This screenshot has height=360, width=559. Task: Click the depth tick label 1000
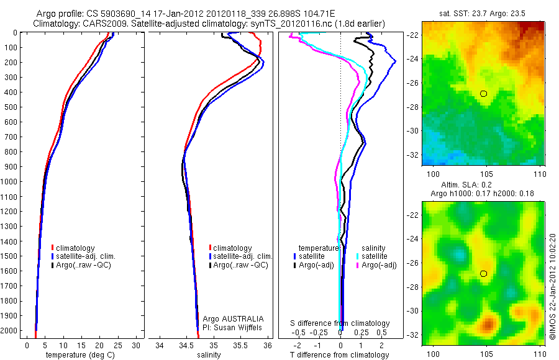(12, 181)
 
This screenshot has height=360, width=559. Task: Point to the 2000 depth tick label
(12, 330)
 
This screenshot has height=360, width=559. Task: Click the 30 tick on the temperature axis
(136, 345)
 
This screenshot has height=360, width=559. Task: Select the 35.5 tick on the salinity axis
(240, 345)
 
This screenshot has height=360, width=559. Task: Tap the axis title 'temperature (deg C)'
(78, 355)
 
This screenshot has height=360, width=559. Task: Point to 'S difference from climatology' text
(340, 323)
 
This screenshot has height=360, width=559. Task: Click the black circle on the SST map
(483, 94)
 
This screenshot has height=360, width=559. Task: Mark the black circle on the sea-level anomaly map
(483, 274)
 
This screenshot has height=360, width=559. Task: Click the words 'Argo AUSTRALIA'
(229, 318)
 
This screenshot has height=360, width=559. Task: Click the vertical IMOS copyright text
(553, 287)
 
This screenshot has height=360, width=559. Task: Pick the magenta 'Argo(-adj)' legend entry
(379, 265)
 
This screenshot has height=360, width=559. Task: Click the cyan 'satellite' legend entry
(375, 256)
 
